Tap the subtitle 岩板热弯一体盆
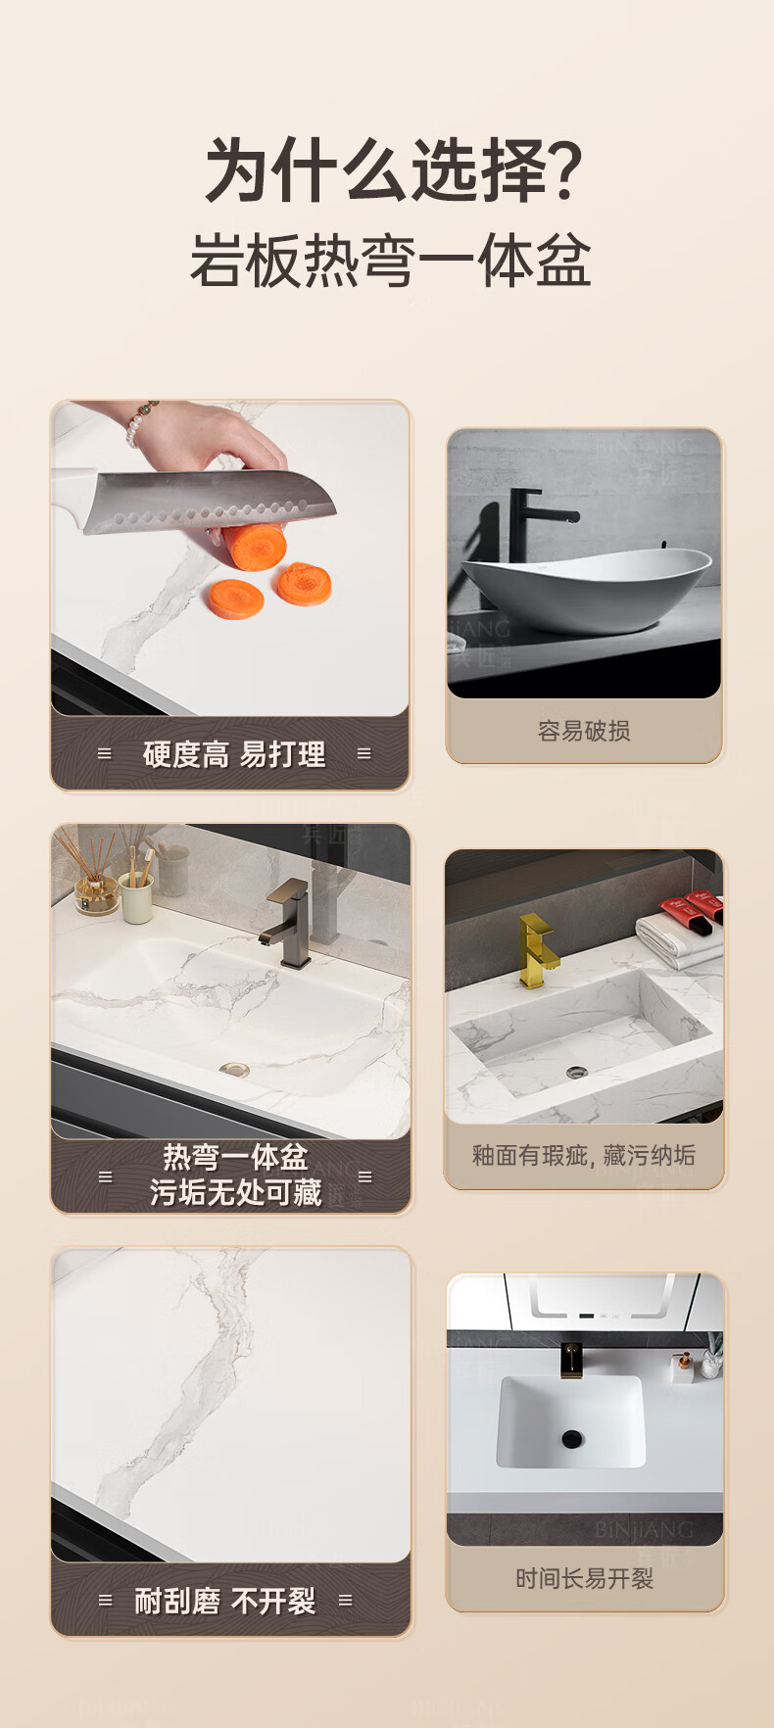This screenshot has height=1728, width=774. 390,261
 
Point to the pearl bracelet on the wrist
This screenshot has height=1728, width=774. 140,423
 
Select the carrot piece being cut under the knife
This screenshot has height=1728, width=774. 255,547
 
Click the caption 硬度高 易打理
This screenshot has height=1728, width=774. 234,754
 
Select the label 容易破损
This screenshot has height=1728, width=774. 584,731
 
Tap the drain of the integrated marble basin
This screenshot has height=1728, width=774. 234,1070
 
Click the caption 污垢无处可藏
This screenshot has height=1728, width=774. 235,1193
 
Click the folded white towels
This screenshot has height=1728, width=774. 680,940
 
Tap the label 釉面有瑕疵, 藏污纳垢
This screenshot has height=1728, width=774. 584,1156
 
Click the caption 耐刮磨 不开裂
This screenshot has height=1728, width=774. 225,1602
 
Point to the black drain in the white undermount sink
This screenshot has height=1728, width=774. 571,1439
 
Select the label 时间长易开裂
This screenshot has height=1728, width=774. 584,1579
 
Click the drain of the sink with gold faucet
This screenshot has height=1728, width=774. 576,1073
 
